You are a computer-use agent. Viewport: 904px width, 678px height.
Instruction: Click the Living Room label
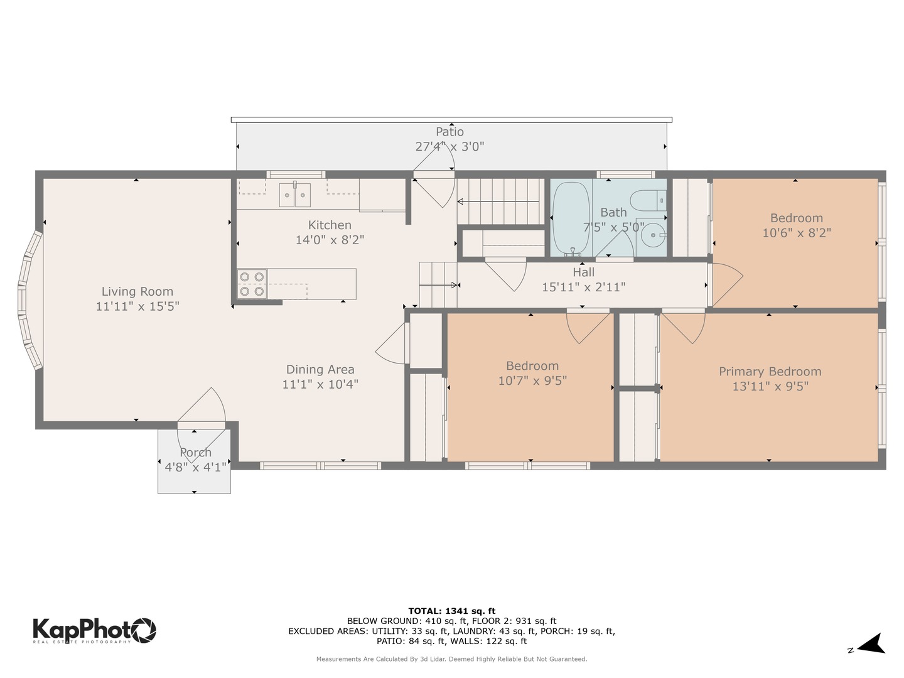click(x=137, y=291)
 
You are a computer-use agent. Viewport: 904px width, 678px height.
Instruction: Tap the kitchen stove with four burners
click(x=252, y=284)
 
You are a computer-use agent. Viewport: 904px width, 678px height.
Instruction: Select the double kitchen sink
click(x=294, y=194)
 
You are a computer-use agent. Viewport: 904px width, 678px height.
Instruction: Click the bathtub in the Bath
click(x=570, y=217)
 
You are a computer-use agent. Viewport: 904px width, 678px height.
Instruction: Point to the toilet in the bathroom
click(x=646, y=200)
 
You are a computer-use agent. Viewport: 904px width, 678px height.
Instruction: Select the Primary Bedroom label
click(x=770, y=372)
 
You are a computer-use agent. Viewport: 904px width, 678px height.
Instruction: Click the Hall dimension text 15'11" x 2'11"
click(x=583, y=288)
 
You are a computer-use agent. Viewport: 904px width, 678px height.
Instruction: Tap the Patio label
click(x=449, y=132)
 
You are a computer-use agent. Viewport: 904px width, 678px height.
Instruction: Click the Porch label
click(x=195, y=453)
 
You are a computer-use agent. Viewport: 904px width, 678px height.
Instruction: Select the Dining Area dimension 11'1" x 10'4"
click(x=320, y=384)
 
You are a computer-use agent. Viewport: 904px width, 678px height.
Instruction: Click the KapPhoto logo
click(x=94, y=630)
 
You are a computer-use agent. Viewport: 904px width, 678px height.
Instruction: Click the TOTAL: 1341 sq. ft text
click(x=451, y=611)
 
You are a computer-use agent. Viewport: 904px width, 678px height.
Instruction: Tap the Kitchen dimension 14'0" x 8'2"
click(x=330, y=240)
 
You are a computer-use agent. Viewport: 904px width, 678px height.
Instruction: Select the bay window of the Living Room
click(x=29, y=300)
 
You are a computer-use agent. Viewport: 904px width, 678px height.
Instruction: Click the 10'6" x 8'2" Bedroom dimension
click(x=796, y=233)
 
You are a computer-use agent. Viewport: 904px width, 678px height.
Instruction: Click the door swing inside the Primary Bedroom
click(x=684, y=327)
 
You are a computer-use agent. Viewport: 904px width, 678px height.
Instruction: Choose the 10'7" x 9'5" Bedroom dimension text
click(x=532, y=380)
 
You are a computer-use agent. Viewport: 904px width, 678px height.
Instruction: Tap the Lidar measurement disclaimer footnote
click(x=451, y=659)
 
